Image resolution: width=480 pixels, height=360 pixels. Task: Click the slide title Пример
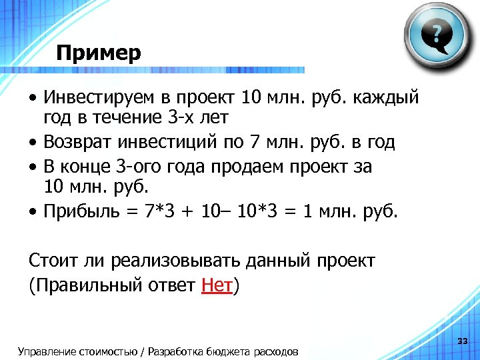(99, 53)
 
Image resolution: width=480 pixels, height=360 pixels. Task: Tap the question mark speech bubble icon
(436, 34)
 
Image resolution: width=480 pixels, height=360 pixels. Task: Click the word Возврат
(78, 142)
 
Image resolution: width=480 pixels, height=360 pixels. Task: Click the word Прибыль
(82, 212)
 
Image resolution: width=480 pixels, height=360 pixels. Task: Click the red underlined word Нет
(216, 286)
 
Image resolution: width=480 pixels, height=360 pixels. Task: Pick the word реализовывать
(167, 261)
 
